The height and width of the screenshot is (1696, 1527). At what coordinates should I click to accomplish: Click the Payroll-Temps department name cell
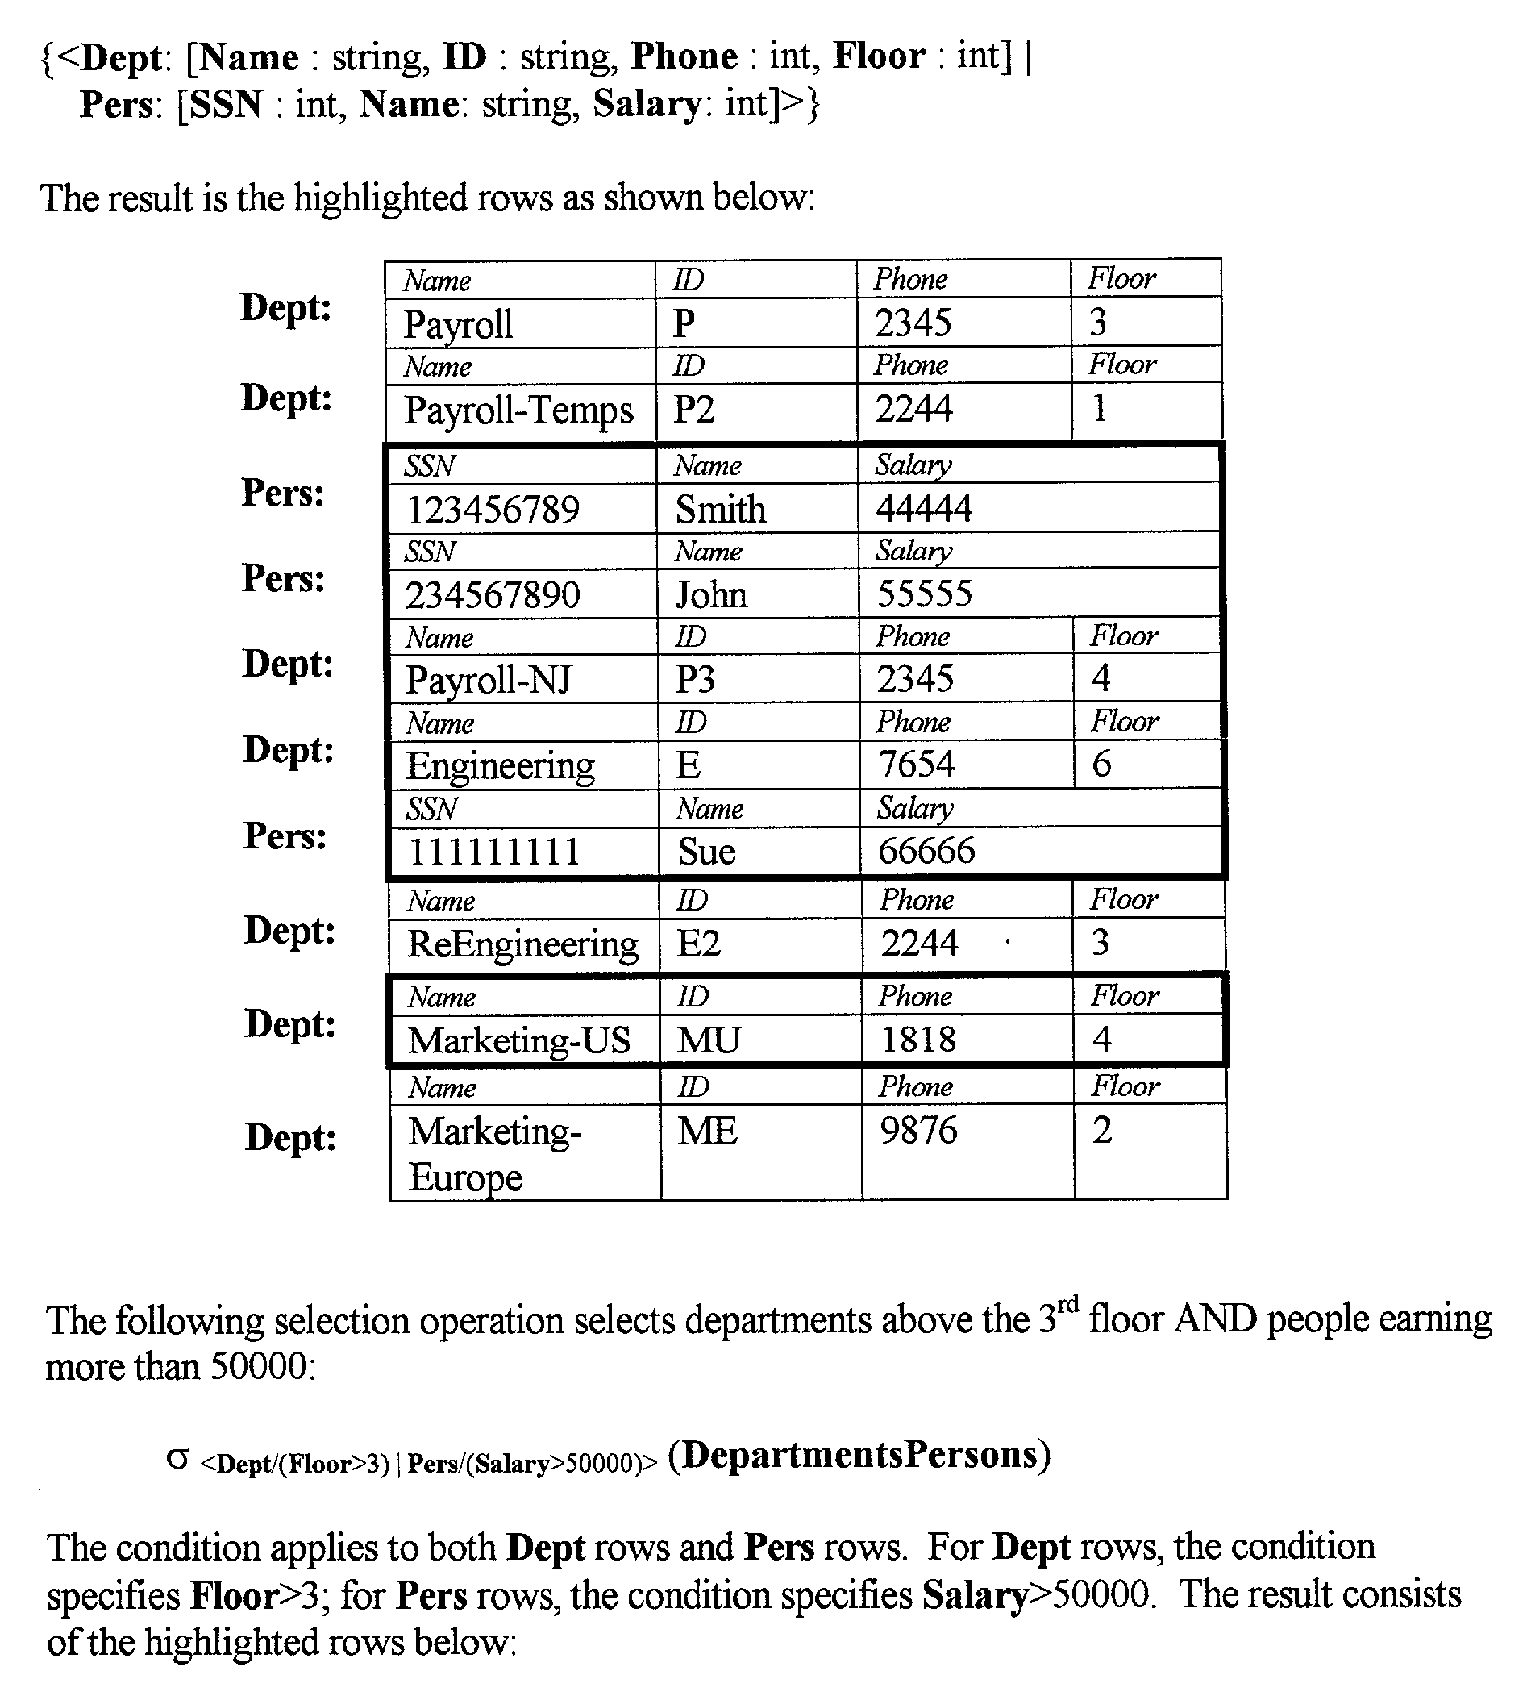518,411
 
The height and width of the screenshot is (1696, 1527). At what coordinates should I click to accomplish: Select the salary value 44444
924,509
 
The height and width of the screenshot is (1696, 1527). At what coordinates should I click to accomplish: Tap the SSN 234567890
493,595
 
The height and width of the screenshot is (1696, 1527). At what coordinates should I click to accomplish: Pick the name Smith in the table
721,510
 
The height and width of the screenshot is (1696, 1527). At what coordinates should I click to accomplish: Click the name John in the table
710,595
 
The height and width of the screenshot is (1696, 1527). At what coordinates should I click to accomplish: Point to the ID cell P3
695,679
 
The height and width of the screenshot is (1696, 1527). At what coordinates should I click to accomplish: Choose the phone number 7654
916,765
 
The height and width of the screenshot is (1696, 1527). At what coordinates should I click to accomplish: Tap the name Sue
706,852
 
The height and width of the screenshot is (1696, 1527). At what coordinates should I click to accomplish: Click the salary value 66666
926,851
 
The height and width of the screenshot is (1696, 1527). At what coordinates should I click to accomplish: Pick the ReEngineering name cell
522,944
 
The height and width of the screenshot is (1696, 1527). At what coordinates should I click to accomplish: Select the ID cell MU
708,1040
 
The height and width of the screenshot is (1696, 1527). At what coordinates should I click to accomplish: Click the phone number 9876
917,1131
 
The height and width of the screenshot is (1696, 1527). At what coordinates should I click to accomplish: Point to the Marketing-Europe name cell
494,1153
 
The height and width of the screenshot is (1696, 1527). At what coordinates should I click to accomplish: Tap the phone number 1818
917,1040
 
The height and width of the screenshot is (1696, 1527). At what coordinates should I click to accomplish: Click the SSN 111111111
493,852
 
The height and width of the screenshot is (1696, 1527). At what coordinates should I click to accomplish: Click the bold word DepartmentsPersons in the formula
859,1454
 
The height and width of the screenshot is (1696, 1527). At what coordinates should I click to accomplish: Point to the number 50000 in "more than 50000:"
259,1366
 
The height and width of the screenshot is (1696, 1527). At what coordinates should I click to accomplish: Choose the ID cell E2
699,944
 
